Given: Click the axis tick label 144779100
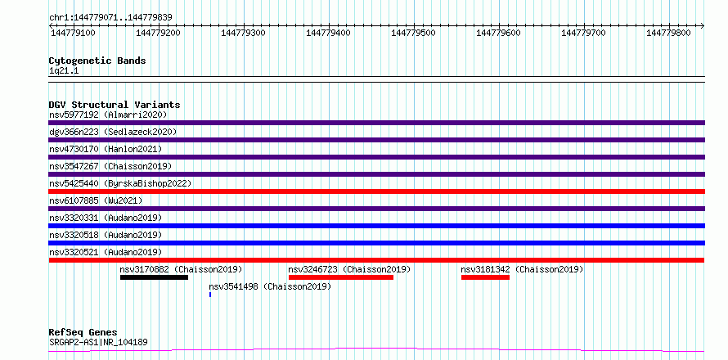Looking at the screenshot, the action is (74, 34).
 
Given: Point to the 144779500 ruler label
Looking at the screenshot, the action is (414, 34).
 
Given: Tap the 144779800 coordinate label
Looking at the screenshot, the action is (668, 34).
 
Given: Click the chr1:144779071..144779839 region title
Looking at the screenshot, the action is (110, 18).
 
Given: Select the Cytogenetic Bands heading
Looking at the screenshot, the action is (97, 61).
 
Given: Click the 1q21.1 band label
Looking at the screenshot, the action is (65, 70).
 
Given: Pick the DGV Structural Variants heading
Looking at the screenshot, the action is (115, 105).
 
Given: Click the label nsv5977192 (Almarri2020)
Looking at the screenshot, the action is (108, 115).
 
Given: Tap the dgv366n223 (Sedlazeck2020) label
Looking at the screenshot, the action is (113, 132).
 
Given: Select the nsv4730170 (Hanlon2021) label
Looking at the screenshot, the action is (106, 149).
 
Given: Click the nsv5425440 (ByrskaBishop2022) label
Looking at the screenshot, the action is (119, 183).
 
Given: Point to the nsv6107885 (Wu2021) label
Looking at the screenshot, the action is (96, 200).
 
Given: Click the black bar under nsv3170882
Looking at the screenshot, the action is (154, 277).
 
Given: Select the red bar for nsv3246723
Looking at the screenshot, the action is (341, 277).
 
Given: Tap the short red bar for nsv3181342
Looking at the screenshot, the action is (485, 277).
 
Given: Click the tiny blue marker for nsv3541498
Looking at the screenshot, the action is (210, 295).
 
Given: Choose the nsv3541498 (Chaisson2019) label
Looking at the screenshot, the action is (270, 286).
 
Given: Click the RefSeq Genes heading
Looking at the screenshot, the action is (83, 333).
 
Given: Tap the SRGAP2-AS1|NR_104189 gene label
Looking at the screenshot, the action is (98, 342).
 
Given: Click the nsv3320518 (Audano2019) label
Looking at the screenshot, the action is (106, 235).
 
